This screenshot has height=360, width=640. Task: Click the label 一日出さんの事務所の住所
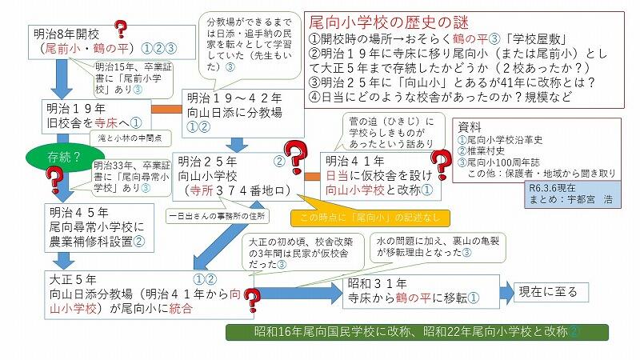click(217, 215)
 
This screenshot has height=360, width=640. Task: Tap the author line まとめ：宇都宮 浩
click(563, 199)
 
